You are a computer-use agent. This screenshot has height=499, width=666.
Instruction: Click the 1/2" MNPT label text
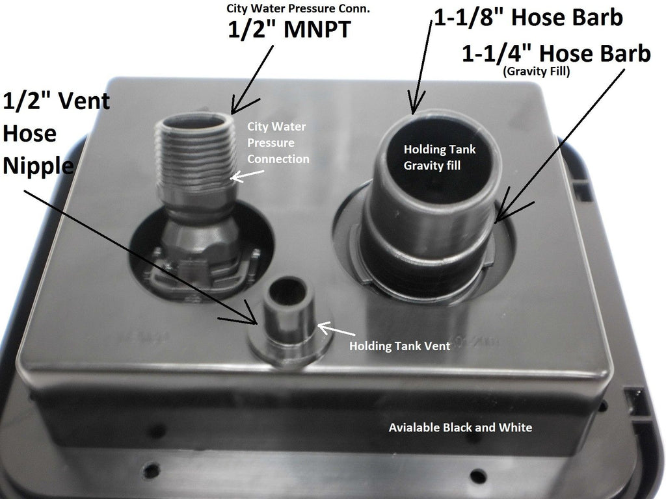pos(289,29)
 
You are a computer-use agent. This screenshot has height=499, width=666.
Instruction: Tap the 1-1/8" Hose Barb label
pos(528,18)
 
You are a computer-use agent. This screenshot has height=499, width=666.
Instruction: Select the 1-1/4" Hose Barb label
pos(556,53)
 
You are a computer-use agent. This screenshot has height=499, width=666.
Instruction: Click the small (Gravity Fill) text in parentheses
pos(537,71)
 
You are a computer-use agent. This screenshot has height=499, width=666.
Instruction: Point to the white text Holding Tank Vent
pos(400,346)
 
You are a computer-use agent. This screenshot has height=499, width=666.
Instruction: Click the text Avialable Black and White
pos(460,428)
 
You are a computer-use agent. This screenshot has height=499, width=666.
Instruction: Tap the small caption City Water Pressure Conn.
pos(298,8)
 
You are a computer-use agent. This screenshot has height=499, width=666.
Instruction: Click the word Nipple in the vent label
pos(38,166)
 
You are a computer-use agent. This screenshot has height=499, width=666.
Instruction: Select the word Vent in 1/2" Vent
pos(84,101)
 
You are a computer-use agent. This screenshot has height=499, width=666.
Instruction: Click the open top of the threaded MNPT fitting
pos(195,122)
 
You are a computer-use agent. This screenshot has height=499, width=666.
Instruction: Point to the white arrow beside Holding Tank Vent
pos(336,329)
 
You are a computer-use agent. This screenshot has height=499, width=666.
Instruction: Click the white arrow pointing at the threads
pos(247,175)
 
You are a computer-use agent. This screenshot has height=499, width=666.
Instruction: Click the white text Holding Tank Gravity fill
pos(440,157)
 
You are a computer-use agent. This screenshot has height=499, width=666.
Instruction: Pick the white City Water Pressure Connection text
pos(278,142)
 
